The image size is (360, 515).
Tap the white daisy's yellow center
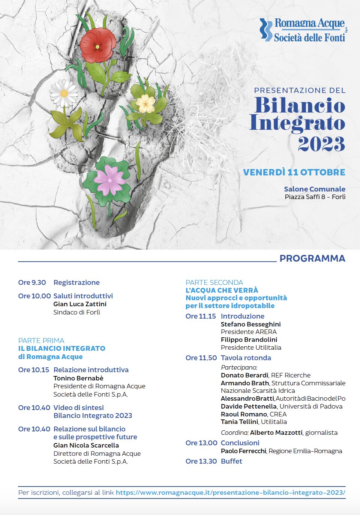[64, 93]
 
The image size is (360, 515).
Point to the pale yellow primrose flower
[145, 103]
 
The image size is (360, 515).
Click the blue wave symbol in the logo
[266, 29]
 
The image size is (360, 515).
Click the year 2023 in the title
[321, 144]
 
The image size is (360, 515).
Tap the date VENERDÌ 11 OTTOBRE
[294, 172]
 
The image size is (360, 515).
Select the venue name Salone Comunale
[314, 189]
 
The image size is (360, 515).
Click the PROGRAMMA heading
[312, 258]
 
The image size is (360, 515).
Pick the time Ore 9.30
[32, 283]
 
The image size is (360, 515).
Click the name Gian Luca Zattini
[80, 304]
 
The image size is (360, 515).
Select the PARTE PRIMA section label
[41, 340]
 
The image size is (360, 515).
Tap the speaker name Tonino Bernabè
[78, 378]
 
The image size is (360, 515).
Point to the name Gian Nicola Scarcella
[86, 445]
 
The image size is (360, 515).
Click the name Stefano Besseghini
[250, 324]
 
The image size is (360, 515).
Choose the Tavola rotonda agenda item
[246, 358]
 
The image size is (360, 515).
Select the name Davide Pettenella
[249, 406]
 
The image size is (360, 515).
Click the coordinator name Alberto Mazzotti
[276, 433]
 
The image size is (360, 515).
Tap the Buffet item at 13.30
[231, 461]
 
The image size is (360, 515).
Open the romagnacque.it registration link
[230, 493]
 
